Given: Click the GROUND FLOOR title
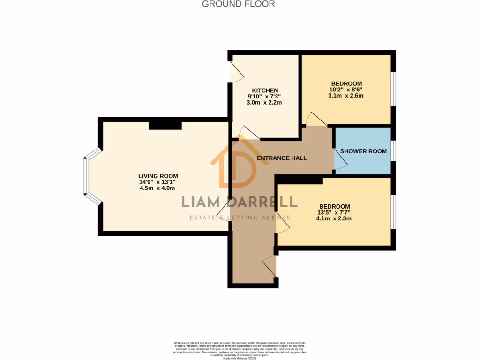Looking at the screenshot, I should [238, 4].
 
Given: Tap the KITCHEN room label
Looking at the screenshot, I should [265, 90].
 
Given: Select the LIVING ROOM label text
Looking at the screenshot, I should [157, 176].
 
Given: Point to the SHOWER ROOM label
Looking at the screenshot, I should [363, 151].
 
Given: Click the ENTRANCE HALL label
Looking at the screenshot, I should [282, 158].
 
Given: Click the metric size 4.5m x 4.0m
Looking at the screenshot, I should [157, 188].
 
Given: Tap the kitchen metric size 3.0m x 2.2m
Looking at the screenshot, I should [265, 102].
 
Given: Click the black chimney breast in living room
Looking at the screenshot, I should [165, 126].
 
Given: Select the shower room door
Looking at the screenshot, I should [340, 159].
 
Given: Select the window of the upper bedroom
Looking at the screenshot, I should [393, 90].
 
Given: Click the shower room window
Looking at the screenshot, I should [393, 151].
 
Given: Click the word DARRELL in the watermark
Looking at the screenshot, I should [263, 202].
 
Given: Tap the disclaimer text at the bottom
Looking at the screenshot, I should [240, 350].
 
